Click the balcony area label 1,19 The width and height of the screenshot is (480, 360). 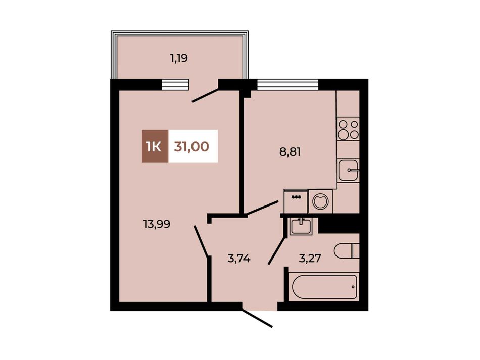click(x=179, y=58)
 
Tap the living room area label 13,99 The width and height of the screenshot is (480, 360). click(x=157, y=225)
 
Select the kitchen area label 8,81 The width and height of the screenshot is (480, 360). click(x=290, y=151)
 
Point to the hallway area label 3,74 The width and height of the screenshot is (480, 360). click(x=239, y=259)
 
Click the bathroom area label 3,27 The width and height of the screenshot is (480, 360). click(x=310, y=259)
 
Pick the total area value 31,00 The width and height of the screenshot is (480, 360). click(x=191, y=146)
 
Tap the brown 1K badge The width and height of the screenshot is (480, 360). click(x=155, y=146)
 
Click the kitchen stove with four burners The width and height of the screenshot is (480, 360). click(x=348, y=129)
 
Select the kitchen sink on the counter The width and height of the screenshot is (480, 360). click(x=348, y=170)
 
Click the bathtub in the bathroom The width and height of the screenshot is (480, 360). click(x=324, y=287)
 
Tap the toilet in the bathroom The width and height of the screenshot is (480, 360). click(x=347, y=251)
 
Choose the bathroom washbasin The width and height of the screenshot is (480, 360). click(x=301, y=226)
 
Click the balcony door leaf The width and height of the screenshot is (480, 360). click(x=206, y=95)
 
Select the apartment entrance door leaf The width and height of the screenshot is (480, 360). click(x=257, y=318)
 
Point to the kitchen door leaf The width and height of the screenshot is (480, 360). click(x=263, y=208)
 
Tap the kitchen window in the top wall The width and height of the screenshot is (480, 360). click(x=288, y=84)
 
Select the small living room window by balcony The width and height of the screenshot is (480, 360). click(x=175, y=84)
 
